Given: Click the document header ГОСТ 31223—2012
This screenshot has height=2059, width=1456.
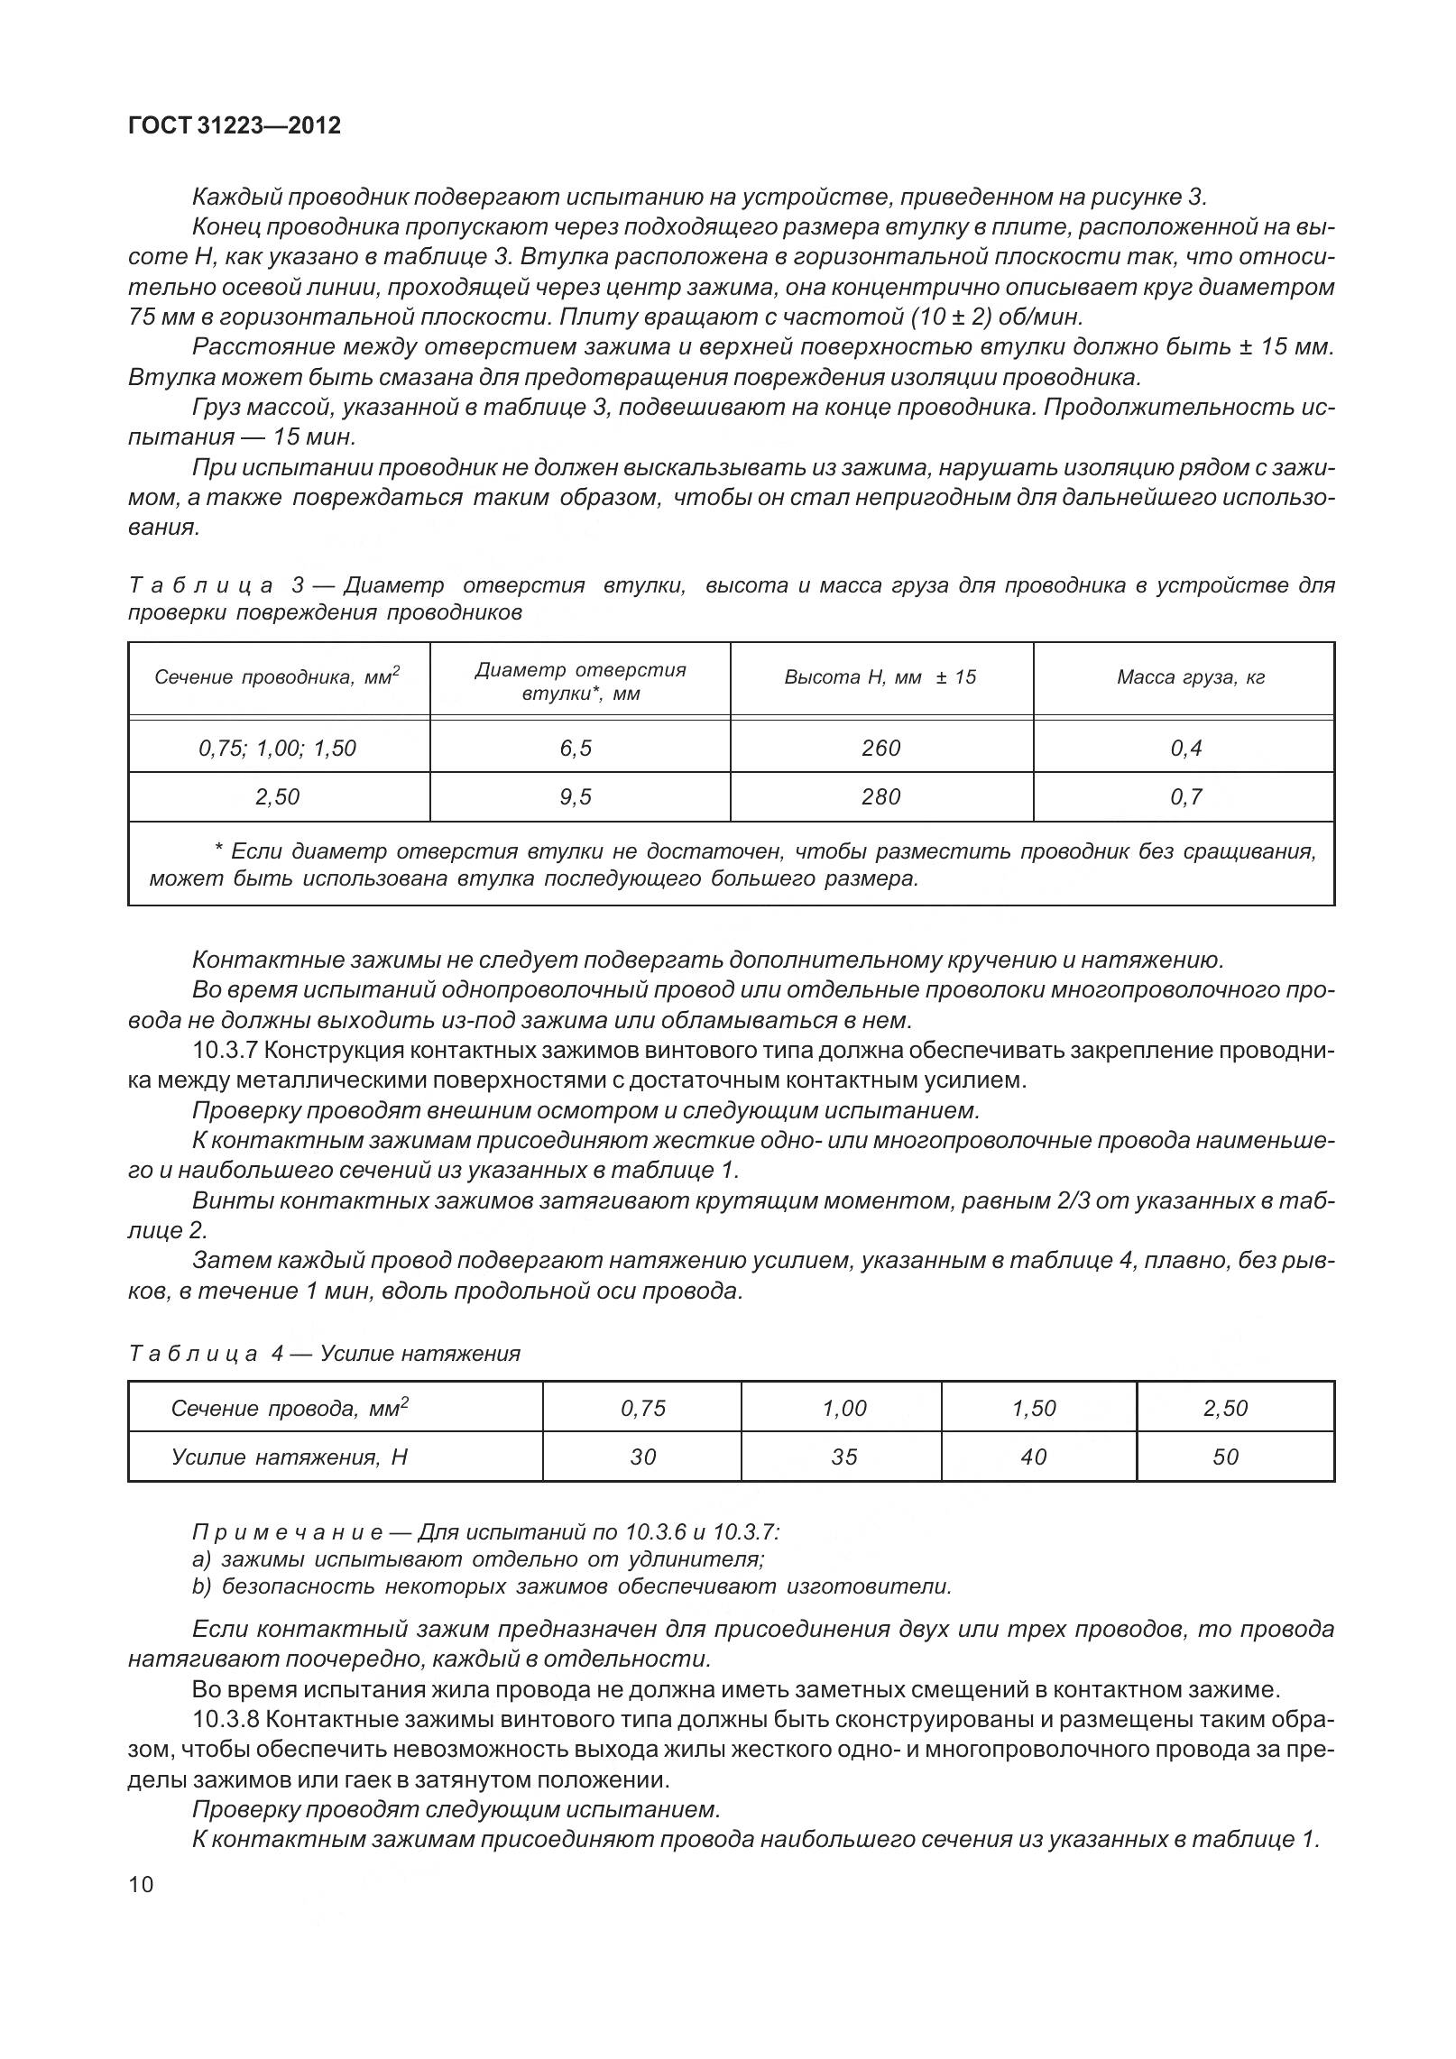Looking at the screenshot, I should (235, 125).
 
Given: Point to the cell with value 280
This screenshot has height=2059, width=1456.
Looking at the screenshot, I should (880, 796).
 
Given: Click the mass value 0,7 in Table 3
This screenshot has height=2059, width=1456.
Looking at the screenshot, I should (1185, 796).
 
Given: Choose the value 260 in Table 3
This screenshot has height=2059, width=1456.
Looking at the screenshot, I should (880, 748).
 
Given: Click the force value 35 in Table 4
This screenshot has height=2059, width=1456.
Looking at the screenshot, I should (843, 1457).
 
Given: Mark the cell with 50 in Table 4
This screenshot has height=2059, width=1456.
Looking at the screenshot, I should (1225, 1457).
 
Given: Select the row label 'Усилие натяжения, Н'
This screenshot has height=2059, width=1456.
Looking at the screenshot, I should (290, 1457).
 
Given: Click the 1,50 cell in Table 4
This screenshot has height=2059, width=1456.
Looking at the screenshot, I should (1034, 1408).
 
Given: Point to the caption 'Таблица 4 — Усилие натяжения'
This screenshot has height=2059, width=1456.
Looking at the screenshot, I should (325, 1353).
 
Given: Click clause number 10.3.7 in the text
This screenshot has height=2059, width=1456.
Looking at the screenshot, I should (226, 1051).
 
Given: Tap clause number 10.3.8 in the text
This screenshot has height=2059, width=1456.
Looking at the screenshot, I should (226, 1718).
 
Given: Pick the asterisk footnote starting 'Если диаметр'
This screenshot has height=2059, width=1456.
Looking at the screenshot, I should (731, 864).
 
